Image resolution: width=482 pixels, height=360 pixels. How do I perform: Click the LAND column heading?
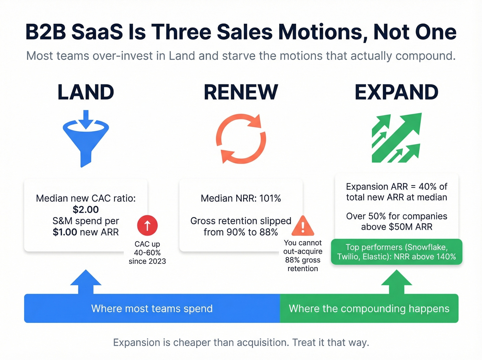coord(86,92)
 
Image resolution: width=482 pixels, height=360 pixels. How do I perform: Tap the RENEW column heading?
coord(241,92)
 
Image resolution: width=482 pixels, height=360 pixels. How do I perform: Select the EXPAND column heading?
coord(396,92)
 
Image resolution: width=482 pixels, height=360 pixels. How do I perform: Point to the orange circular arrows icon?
coord(241,138)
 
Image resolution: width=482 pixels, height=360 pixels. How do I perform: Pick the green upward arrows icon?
coord(396,138)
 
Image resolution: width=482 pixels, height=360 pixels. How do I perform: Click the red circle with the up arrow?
coord(147,225)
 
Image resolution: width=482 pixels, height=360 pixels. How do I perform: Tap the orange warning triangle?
coord(303,226)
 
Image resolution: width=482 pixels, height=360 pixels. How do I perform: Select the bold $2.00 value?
coord(86,209)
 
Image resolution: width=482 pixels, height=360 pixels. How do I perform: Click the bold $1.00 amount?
coord(65,232)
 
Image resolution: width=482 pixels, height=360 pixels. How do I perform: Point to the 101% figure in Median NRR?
coord(270,198)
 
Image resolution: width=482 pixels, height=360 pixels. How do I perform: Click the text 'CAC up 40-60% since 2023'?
coord(147,253)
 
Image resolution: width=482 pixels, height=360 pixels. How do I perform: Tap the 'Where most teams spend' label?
coord(152,309)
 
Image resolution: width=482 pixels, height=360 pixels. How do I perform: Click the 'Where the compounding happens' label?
coord(369,309)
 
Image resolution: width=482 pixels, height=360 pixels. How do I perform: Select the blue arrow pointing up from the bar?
coord(86,282)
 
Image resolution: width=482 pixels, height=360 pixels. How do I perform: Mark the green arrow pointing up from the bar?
coord(397,282)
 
